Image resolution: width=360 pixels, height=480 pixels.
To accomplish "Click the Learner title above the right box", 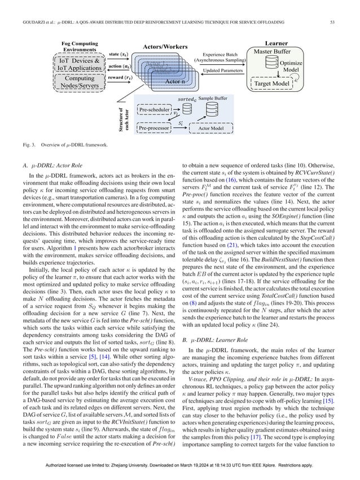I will tap(278, 42).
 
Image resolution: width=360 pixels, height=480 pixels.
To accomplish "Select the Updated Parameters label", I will tap(219, 72).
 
